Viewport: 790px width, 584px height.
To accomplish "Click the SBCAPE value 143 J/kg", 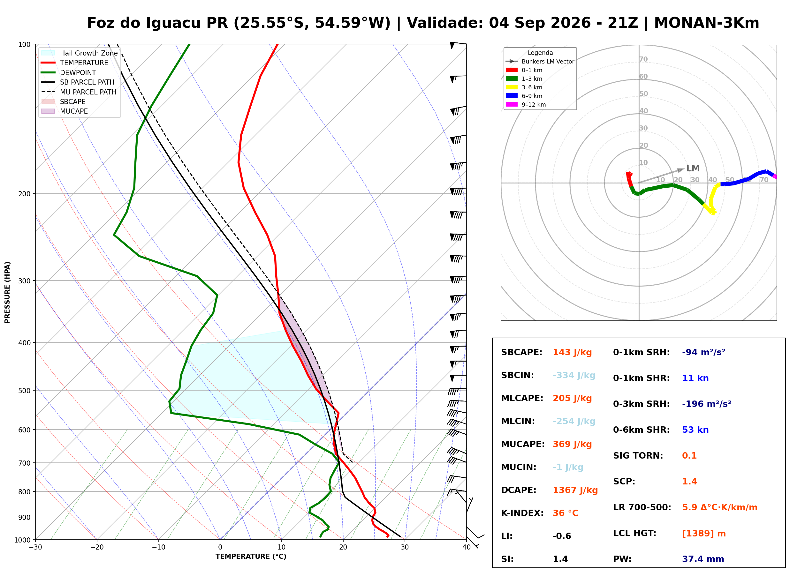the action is coord(572,352).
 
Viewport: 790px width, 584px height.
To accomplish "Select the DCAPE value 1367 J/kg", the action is coord(575,490).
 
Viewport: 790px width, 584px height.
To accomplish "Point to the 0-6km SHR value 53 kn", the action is coord(695,430).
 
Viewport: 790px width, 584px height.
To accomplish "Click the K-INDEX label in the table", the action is coord(522,513).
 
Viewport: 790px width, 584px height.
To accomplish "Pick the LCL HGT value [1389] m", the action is coord(704,534).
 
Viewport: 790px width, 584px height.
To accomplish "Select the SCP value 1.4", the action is coord(689,482).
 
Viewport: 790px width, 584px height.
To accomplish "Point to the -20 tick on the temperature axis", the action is coord(97,547).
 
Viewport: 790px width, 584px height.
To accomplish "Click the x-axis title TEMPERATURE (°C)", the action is coord(251,557).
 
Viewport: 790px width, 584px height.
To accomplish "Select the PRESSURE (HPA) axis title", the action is coord(7,292).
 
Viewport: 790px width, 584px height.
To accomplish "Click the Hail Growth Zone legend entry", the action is coord(80,53).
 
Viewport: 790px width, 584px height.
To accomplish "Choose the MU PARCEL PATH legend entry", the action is coord(79,92).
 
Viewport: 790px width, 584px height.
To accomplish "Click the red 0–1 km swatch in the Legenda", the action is coord(511,70).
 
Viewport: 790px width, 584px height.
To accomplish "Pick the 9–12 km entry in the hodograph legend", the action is coord(526,104).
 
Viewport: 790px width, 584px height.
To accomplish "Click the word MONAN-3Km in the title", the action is coord(707,23).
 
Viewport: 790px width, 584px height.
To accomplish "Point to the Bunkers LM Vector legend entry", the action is coord(540,62).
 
